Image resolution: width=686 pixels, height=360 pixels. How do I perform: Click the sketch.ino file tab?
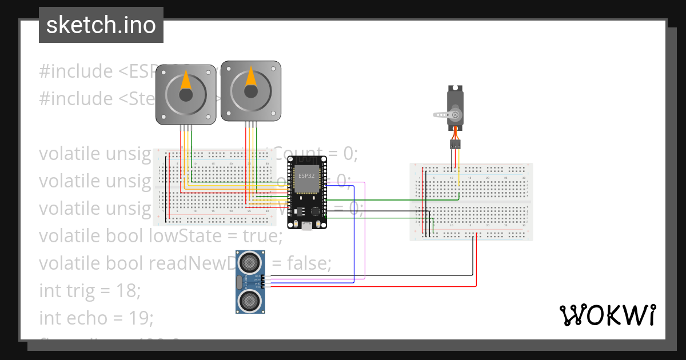[x=101, y=25]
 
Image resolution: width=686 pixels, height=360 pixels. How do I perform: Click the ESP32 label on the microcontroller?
[x=306, y=175]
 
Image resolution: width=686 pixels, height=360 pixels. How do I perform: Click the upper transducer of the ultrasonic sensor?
[x=250, y=263]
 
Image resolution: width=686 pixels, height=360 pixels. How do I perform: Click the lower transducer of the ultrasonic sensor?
[x=250, y=299]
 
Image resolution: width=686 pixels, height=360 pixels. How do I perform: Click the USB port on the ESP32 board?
[x=308, y=225]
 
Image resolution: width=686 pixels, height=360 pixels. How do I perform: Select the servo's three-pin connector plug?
[x=455, y=145]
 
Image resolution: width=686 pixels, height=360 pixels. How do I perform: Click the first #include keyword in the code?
[x=76, y=71]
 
